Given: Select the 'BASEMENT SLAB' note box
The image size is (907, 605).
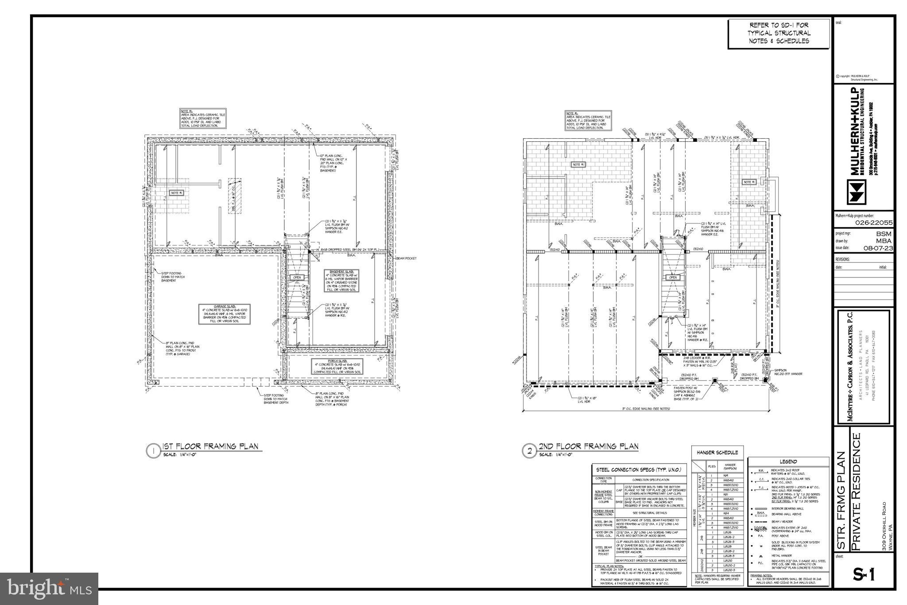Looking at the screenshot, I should point(341,281).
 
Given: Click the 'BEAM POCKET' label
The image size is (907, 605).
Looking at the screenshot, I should point(406,258).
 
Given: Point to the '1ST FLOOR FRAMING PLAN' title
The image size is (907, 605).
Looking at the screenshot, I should point(210,446).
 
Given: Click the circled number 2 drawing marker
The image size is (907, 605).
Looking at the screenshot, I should point(529,451).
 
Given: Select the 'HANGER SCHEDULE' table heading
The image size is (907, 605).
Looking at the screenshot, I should point(717,453).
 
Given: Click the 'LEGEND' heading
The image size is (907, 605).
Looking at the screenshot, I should point(788,461).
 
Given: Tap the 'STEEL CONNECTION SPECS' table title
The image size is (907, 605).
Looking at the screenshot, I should point(639,469).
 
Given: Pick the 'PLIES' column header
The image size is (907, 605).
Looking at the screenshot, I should point(712,467).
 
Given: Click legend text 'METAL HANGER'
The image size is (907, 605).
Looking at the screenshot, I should point(782,556).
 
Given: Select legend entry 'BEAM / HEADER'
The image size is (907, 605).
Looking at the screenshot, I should point(783,522).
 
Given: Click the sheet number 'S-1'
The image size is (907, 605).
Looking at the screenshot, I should point(864,575).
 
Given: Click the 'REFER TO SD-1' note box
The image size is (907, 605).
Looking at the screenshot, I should point(779,33).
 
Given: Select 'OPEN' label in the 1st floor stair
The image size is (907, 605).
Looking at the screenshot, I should point(297,277).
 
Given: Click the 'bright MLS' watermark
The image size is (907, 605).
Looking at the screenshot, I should point(49,589).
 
